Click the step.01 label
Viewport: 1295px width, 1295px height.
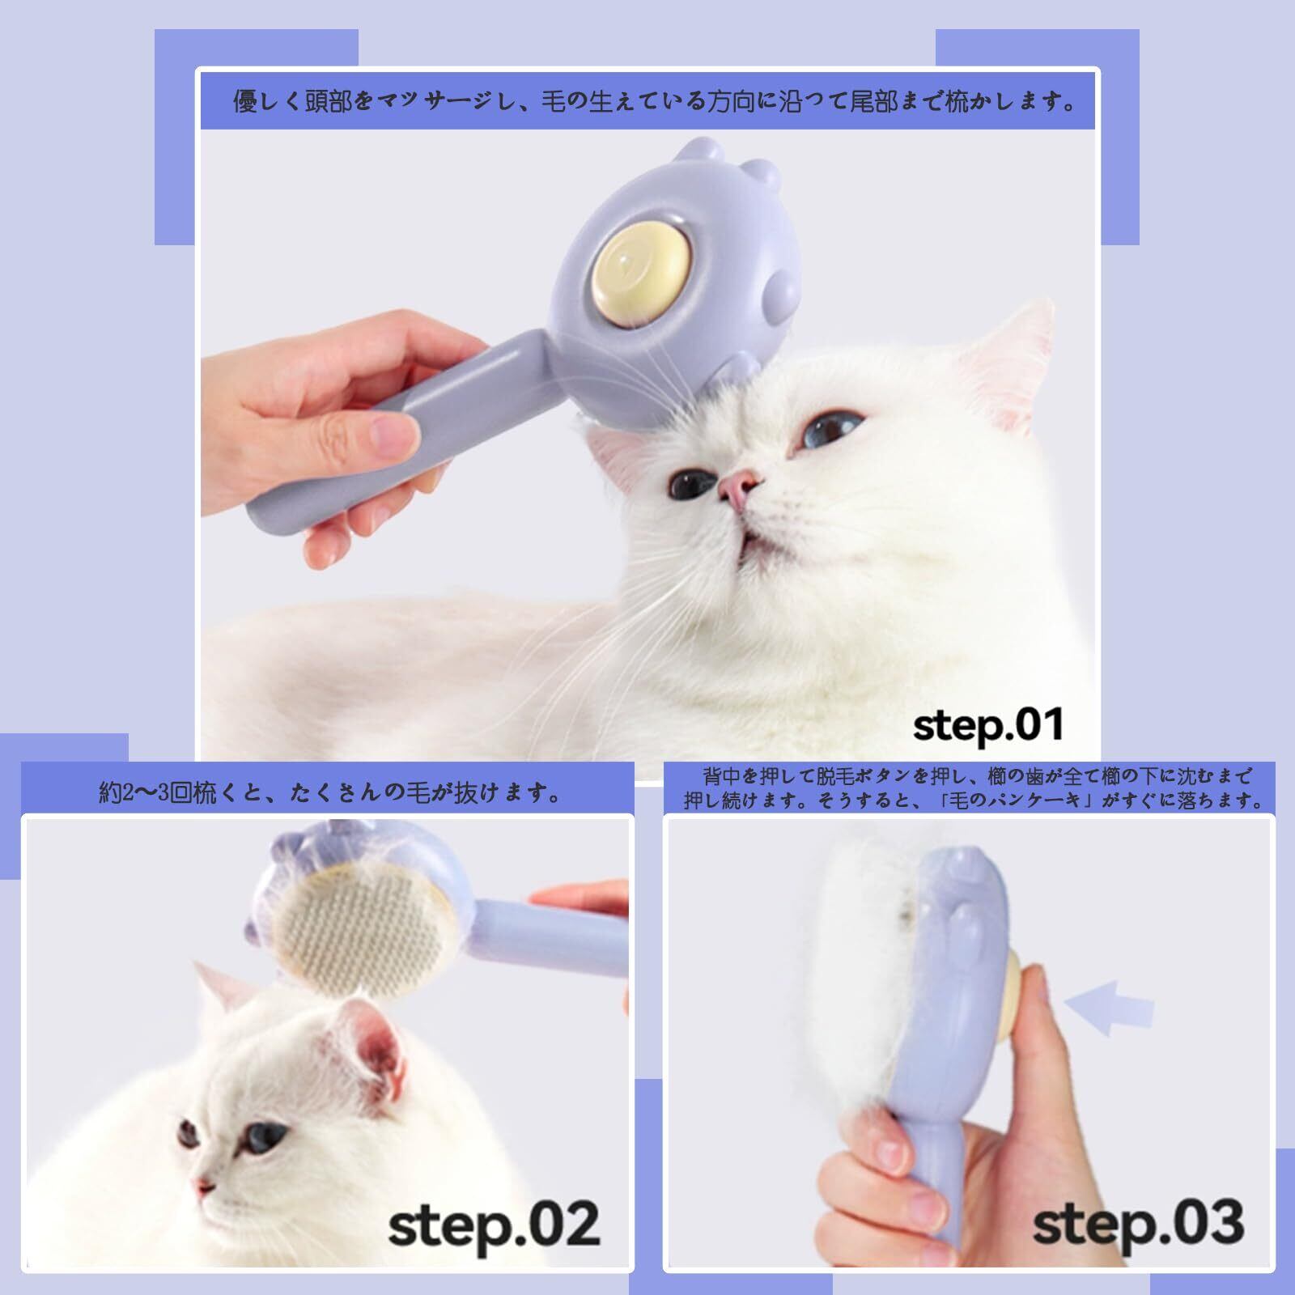(x=988, y=725)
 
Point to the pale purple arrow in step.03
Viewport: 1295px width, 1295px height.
(x=1108, y=1007)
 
